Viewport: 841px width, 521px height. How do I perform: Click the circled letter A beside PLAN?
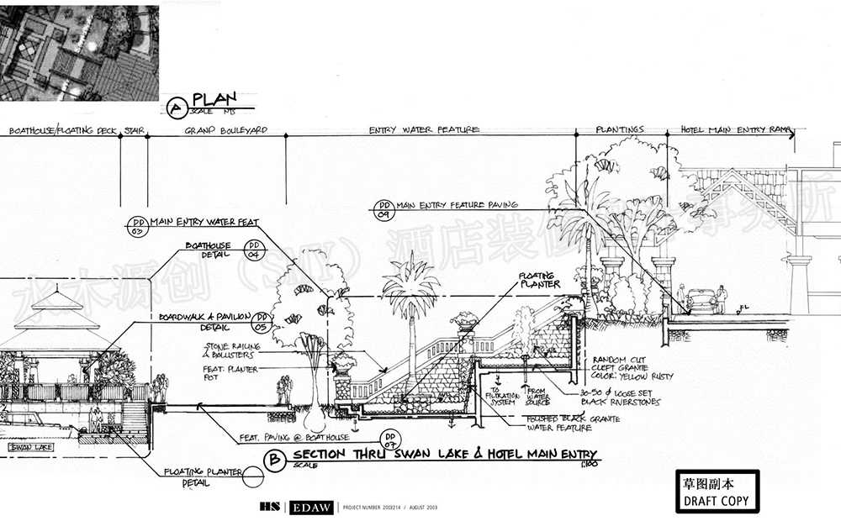[x=177, y=108]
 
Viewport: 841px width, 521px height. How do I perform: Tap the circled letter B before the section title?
[x=273, y=459]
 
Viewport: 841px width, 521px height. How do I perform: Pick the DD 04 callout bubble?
[x=251, y=249]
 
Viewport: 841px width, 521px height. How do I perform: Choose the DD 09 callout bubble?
[x=383, y=208]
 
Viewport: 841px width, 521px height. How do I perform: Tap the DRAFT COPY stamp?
[x=717, y=491]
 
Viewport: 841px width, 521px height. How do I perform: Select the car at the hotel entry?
[x=702, y=300]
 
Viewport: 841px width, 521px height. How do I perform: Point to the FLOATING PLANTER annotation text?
[x=539, y=279]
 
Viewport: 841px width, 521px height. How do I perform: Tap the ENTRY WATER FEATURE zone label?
[x=424, y=130]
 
